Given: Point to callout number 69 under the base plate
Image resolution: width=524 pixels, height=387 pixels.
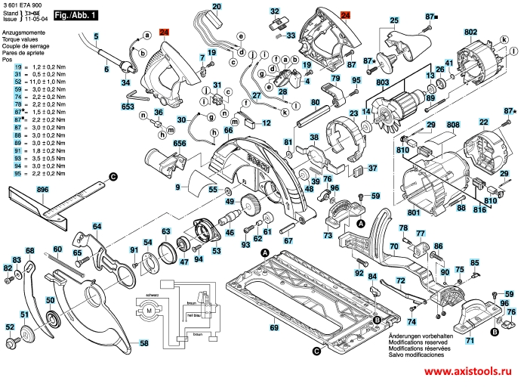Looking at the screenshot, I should pyautogui.click(x=274, y=328).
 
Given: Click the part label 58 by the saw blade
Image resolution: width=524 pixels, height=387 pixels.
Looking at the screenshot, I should pyautogui.click(x=143, y=342).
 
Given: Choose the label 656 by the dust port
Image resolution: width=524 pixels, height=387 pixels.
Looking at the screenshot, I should pyautogui.click(x=180, y=144).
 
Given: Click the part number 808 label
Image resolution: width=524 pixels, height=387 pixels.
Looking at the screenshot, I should pyautogui.click(x=453, y=125).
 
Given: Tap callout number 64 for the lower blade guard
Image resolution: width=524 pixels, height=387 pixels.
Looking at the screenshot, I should pyautogui.click(x=97, y=226).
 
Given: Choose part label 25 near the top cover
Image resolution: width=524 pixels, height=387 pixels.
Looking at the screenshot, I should pyautogui.click(x=394, y=20).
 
